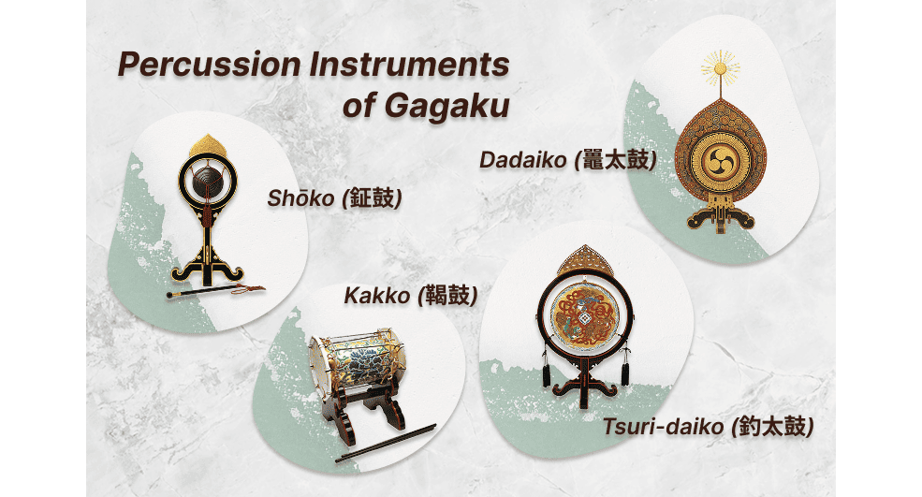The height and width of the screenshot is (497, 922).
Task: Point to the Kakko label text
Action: pos(376,296)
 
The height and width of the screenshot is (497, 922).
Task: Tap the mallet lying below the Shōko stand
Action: pos(215,291)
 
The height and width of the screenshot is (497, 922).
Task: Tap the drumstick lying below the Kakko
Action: pos(388,441)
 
